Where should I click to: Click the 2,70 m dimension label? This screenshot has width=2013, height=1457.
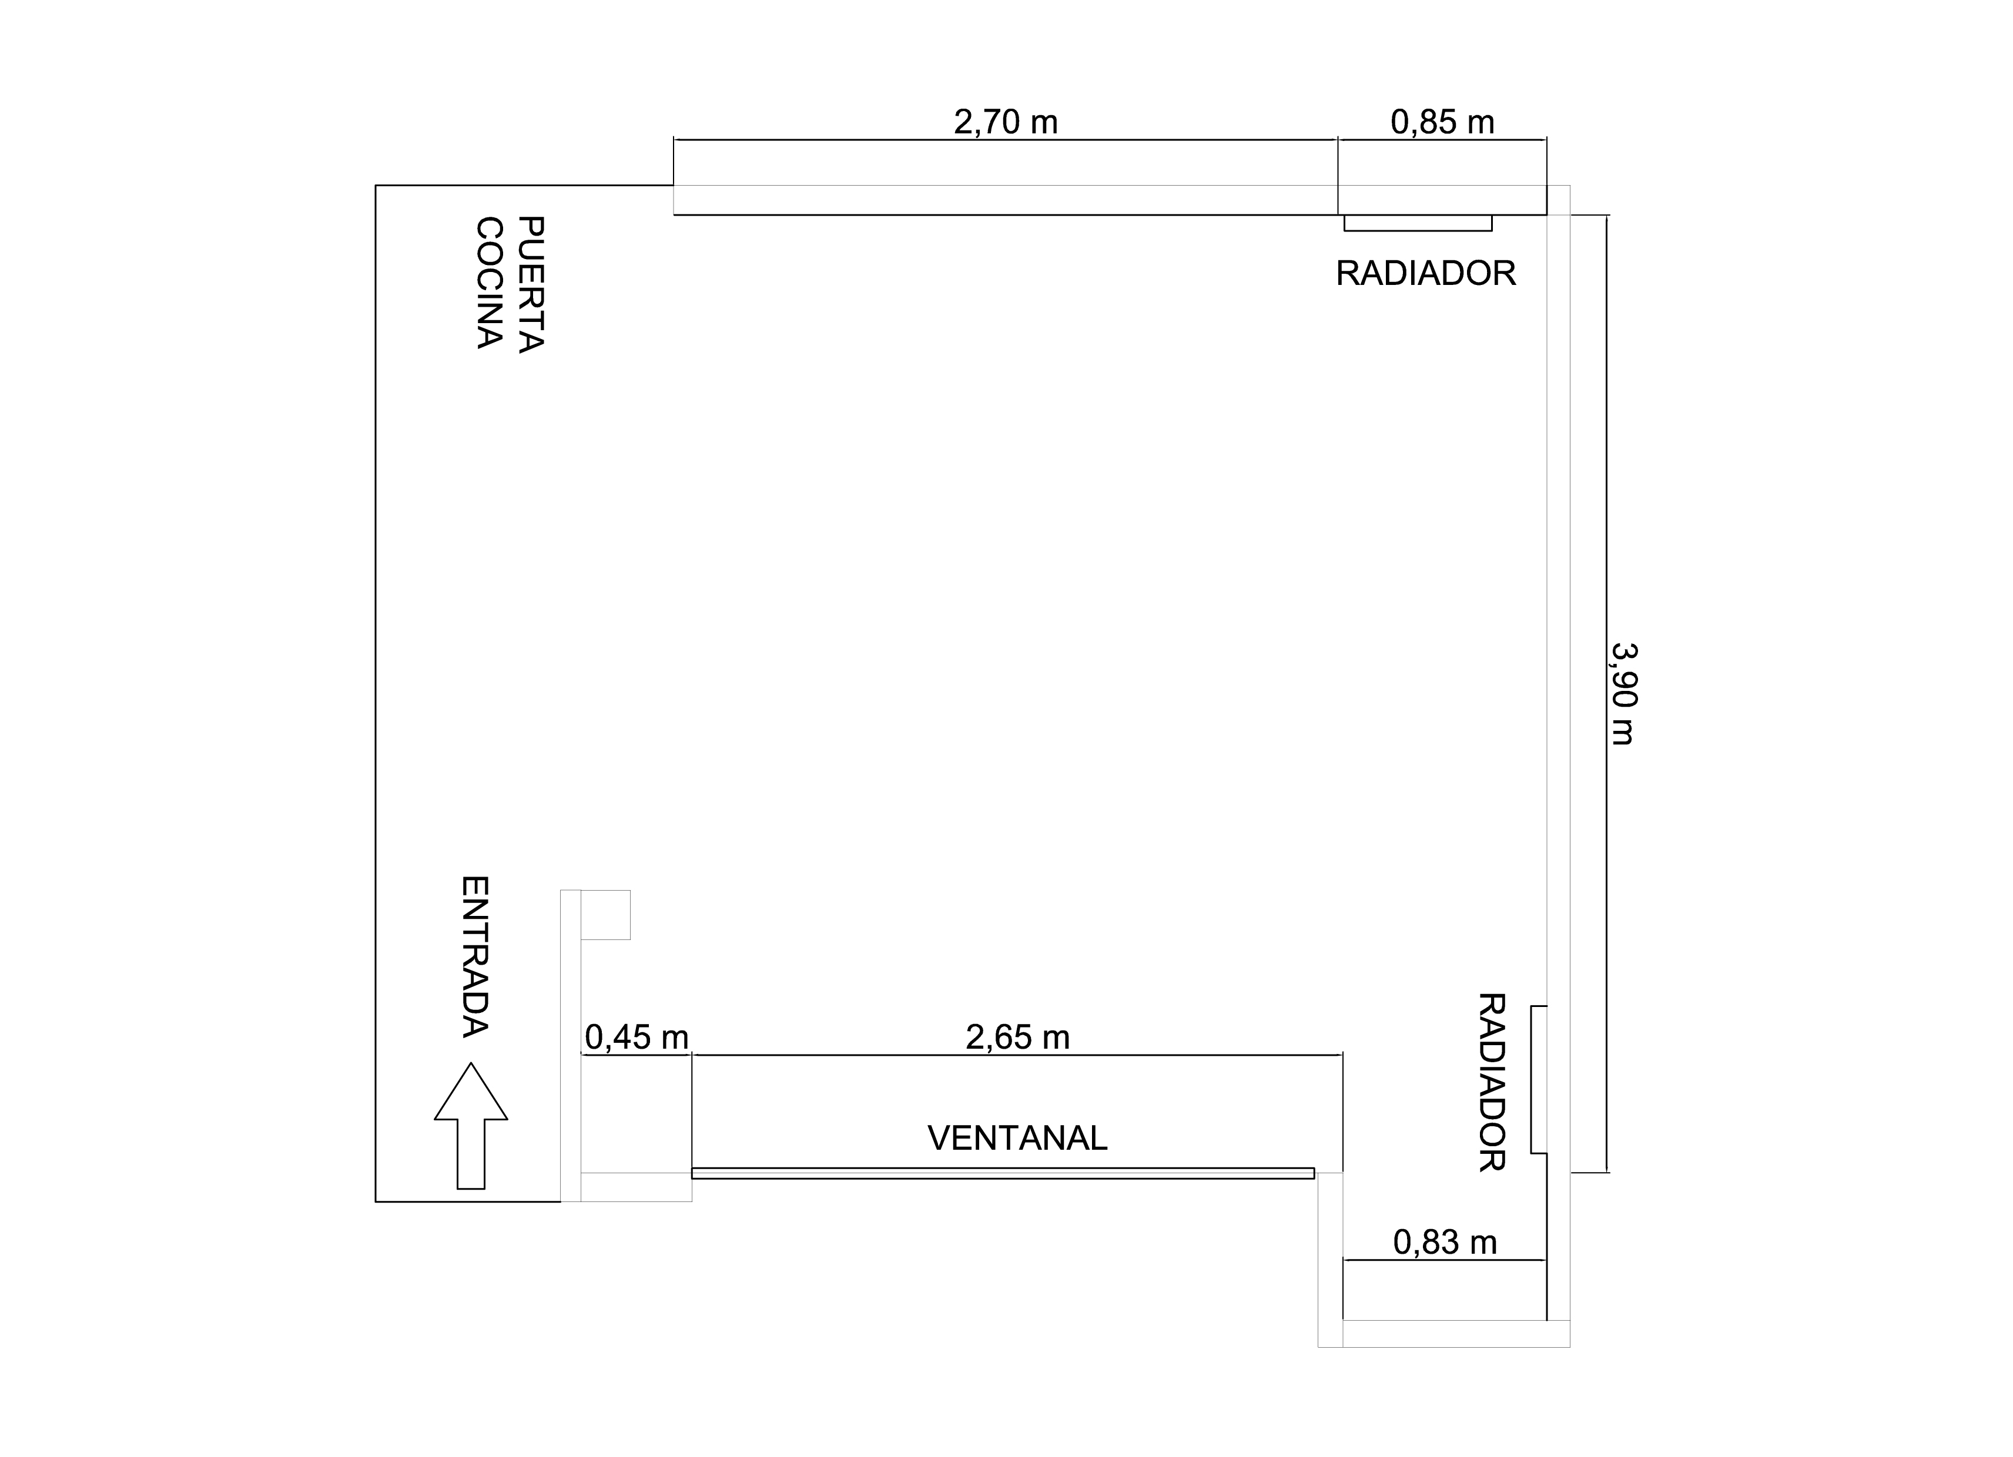coord(1006,122)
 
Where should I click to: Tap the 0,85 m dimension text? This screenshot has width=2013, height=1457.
coord(1442,122)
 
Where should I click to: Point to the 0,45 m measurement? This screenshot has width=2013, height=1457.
coord(637,1038)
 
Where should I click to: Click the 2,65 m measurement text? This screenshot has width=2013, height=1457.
coord(1017,1038)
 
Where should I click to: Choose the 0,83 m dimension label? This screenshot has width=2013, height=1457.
coord(1445,1242)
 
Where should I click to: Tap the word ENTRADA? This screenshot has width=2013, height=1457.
coord(475,956)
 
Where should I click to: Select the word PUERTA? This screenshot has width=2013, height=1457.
coord(530,284)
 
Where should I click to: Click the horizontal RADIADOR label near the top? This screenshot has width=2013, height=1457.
coord(1425,273)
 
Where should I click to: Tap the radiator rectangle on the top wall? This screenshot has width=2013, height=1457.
coord(1418,223)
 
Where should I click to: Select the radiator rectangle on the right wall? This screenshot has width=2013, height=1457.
coord(1539,1080)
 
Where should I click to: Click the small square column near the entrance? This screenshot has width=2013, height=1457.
coord(605,914)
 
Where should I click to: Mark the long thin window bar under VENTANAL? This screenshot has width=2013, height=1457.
coord(1003,1173)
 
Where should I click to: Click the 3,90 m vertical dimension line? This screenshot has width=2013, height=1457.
coord(1606,694)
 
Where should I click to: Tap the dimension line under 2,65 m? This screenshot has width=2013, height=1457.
coord(1017,1055)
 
